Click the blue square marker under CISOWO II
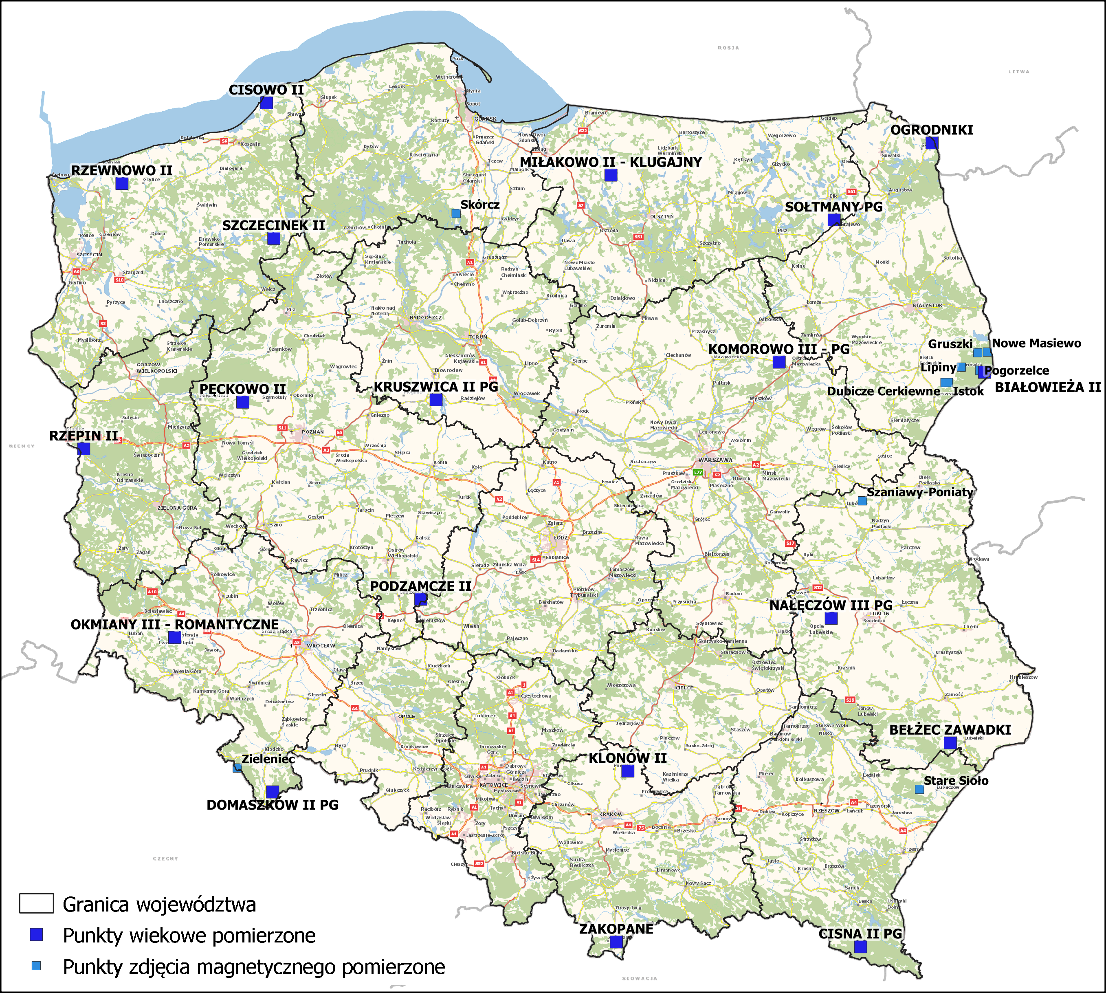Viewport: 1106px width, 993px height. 266,103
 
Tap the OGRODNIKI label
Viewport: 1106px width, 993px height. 932,130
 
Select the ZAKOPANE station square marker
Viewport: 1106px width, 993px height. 616,942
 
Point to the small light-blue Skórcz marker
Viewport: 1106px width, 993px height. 456,214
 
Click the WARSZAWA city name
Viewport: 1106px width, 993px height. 715,460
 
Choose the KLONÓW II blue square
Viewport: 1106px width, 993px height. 628,771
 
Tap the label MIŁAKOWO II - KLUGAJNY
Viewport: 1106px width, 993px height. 610,162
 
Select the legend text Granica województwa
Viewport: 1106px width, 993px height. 159,905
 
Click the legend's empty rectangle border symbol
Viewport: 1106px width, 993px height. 37,903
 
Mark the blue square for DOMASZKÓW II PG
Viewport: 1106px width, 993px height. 272,792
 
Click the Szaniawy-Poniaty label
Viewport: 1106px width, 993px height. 919,492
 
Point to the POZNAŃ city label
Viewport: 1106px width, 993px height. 312,432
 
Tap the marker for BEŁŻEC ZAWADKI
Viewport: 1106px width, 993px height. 950,742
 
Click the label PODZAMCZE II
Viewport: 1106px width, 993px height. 420,586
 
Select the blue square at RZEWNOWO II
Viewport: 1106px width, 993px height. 122,183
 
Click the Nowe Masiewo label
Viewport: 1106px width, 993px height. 1036,343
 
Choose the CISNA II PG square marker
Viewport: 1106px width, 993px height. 860,947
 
